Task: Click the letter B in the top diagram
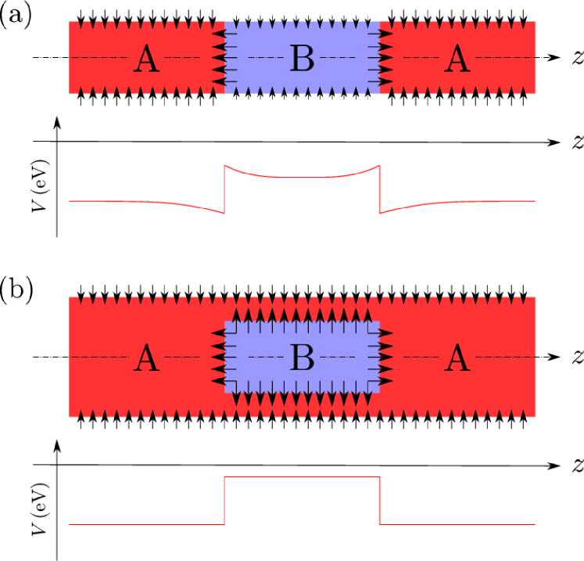pyautogui.click(x=302, y=59)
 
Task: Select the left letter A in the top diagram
pyautogui.click(x=146, y=59)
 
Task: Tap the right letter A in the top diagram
pyautogui.click(x=457, y=59)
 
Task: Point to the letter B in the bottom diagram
pyautogui.click(x=302, y=358)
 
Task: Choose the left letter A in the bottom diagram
pyautogui.click(x=146, y=359)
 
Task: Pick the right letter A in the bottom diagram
pyautogui.click(x=457, y=359)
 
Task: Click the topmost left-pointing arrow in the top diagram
pyautogui.click(x=218, y=34)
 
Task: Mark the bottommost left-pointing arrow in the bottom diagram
pyautogui.click(x=218, y=381)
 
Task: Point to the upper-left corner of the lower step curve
pyautogui.click(x=225, y=476)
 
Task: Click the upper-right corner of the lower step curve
pyautogui.click(x=379, y=476)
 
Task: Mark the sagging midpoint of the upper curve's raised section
pyautogui.click(x=302, y=178)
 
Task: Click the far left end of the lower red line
pyautogui.click(x=70, y=524)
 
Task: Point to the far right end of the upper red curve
pyautogui.click(x=535, y=201)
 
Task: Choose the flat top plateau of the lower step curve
pyautogui.click(x=302, y=476)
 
